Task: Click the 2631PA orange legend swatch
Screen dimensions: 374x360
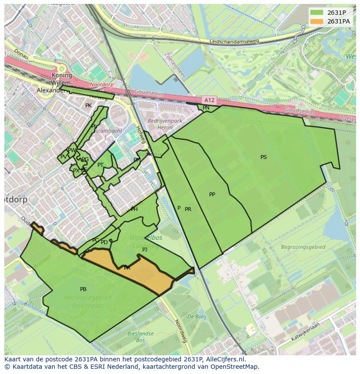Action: click(317, 21)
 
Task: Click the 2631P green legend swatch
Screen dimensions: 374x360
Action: click(317, 12)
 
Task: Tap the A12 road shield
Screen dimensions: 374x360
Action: click(209, 100)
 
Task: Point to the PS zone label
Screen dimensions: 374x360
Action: click(263, 157)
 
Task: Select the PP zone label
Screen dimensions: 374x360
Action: click(212, 195)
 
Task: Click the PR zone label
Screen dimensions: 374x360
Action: click(188, 209)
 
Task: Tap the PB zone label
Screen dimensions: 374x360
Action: click(83, 289)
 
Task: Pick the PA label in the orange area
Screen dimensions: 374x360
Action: click(127, 268)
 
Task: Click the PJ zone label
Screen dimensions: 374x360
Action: click(145, 250)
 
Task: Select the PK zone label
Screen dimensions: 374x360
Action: click(88, 106)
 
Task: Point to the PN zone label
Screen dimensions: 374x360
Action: click(206, 108)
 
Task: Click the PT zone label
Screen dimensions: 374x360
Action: click(100, 165)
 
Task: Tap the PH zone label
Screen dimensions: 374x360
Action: click(134, 209)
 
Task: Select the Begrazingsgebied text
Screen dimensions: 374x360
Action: click(303, 247)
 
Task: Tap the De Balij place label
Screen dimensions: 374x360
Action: click(197, 317)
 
